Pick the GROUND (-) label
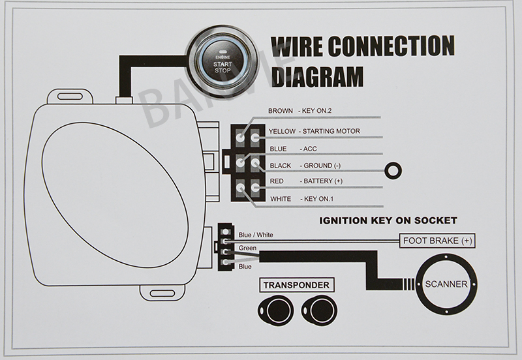324,166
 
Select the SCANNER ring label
446,284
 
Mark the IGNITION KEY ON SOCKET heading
388,220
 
